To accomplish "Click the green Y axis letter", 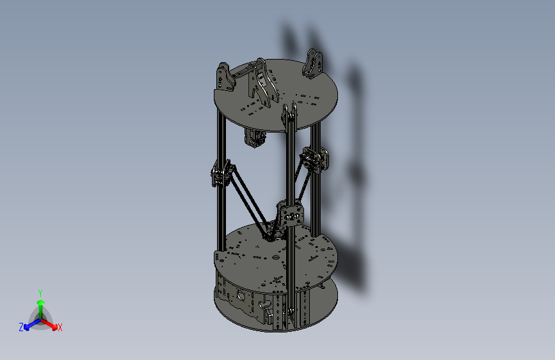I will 40,291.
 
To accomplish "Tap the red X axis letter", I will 60,327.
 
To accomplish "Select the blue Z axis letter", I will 21,327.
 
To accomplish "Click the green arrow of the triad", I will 40,304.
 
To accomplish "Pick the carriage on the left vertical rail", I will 220,174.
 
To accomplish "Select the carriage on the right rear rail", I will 314,160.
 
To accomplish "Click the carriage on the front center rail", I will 290,213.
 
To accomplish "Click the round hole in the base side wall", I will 241,295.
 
